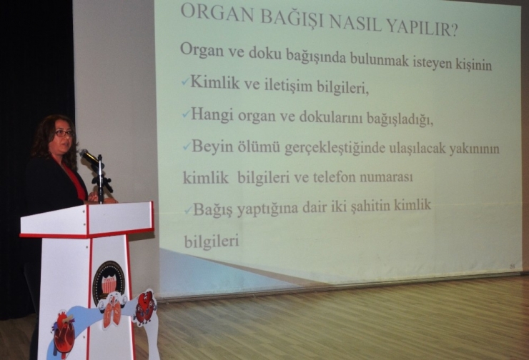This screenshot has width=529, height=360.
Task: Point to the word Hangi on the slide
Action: coord(211,114)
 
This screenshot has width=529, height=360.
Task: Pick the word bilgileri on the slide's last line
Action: coord(212,241)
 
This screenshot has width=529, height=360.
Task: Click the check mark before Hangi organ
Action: coord(186,114)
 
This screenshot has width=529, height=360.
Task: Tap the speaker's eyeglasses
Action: coord(63,133)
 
